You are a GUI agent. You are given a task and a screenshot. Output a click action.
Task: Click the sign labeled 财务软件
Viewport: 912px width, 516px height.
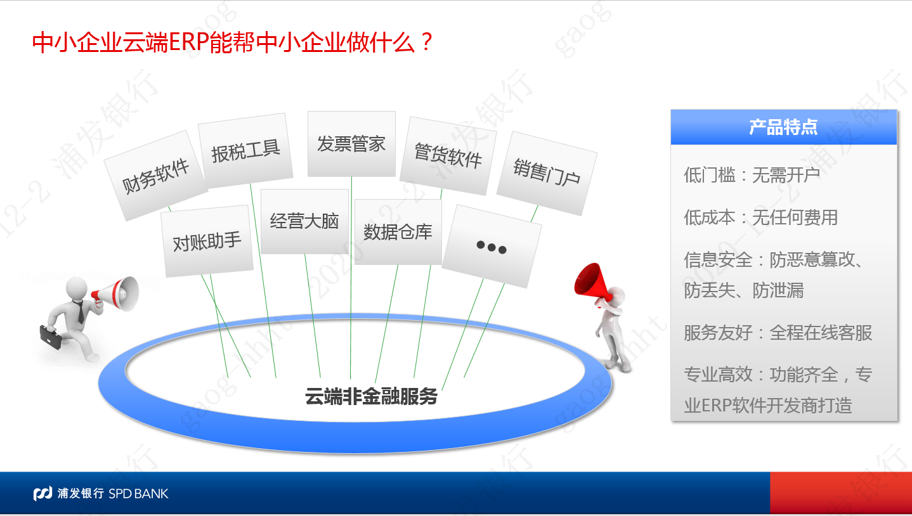[156, 176]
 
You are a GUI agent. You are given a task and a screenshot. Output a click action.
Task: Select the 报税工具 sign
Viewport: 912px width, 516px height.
[245, 151]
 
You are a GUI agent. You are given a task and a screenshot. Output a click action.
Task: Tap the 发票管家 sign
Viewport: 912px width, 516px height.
[351, 144]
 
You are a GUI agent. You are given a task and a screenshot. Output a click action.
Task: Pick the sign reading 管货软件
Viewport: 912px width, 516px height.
[448, 155]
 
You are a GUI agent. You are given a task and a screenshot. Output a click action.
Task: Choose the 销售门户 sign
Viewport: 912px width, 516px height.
[547, 173]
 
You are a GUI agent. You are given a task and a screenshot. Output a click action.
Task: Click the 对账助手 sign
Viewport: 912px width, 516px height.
[207, 241]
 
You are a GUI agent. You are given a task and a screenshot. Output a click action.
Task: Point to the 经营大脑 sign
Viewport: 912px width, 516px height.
[304, 221]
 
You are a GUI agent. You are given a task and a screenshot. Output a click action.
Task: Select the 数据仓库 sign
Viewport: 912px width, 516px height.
[398, 231]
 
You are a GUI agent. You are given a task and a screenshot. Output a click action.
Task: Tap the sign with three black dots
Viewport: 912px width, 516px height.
[492, 246]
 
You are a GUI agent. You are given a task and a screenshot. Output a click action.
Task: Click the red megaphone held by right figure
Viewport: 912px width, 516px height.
[591, 281]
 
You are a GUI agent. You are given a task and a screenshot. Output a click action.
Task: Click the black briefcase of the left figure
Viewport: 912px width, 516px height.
[51, 337]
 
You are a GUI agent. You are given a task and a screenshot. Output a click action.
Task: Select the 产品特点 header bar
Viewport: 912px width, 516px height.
[784, 127]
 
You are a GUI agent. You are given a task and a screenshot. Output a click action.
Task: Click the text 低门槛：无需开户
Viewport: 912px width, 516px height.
[752, 176]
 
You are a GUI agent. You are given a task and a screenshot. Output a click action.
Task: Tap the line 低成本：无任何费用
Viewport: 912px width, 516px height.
[760, 217]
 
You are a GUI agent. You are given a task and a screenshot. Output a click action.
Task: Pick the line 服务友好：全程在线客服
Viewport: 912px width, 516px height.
[778, 332]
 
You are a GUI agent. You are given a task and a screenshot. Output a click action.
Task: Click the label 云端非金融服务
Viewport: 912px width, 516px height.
[371, 396]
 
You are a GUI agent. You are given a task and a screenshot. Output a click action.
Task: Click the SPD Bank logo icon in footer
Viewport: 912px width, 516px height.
[42, 493]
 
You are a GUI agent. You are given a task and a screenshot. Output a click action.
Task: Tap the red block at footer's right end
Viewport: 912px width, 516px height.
[841, 493]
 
